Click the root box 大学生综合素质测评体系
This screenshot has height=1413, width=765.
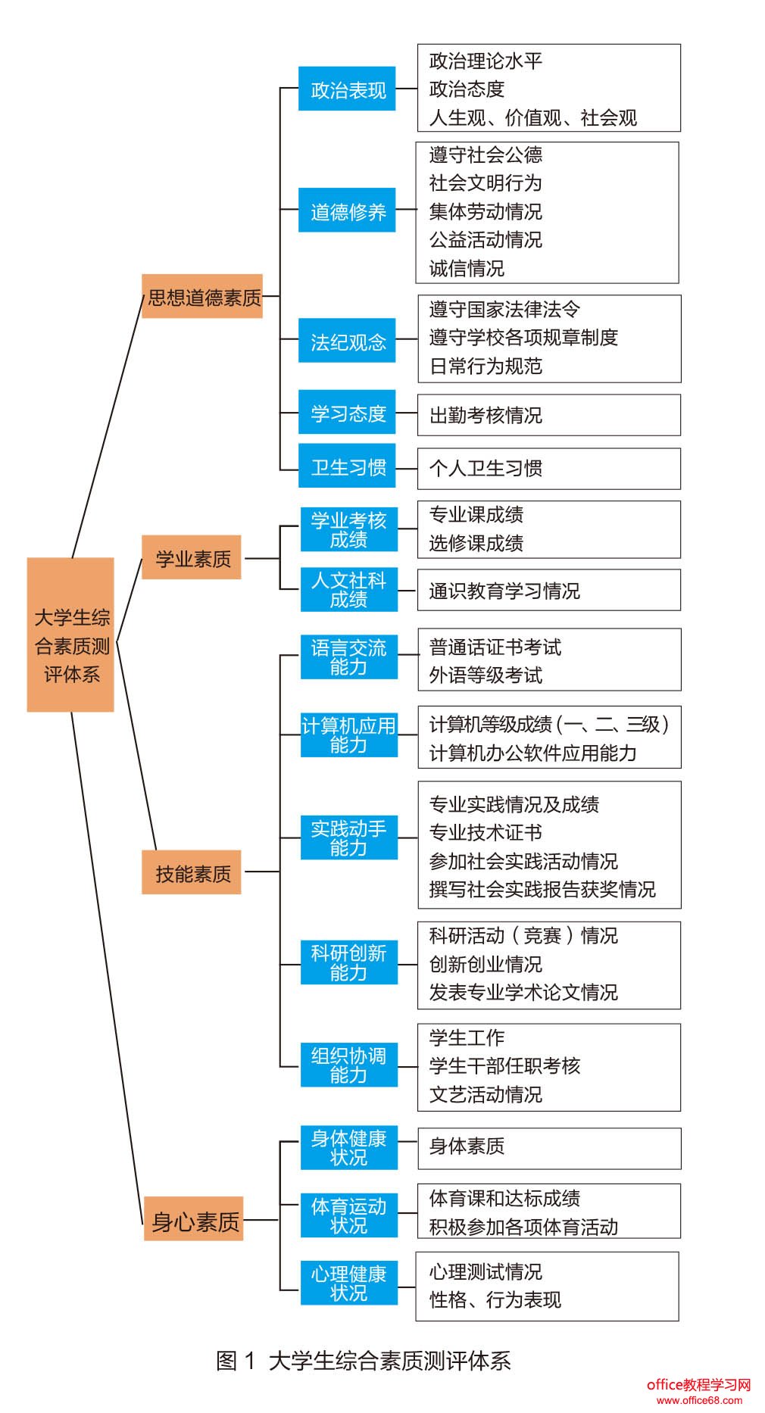click(x=70, y=635)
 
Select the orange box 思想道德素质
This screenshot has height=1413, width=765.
click(x=202, y=296)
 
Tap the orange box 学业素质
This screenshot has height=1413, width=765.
click(x=192, y=557)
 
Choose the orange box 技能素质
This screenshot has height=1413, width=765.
click(x=192, y=872)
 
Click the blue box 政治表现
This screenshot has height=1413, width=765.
click(x=347, y=89)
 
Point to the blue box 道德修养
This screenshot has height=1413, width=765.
click(x=347, y=211)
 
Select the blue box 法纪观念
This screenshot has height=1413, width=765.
click(x=347, y=341)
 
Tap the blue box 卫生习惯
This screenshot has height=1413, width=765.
click(x=347, y=466)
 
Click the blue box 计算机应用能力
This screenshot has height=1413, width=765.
click(x=348, y=735)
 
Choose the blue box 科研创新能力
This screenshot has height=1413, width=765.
click(x=348, y=962)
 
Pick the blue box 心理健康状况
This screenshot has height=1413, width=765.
click(x=348, y=1283)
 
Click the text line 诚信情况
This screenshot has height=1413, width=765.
click(x=467, y=268)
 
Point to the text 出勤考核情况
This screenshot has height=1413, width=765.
click(x=486, y=415)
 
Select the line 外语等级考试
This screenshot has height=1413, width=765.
click(x=486, y=675)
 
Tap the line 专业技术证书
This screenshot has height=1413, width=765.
click(x=486, y=832)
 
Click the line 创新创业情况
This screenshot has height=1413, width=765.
click(x=486, y=964)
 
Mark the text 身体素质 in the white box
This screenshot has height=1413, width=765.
click(x=467, y=1146)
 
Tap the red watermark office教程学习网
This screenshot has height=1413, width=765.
click(x=698, y=1383)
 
